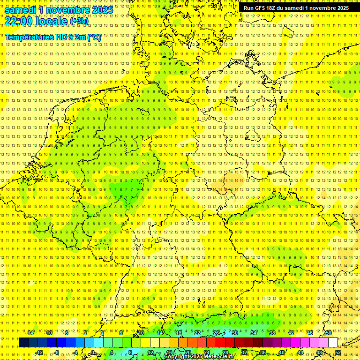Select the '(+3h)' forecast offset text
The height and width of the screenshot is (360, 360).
click(79, 21)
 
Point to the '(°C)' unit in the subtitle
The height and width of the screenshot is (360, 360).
click(93, 37)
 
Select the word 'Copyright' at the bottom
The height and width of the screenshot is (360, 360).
click(176, 357)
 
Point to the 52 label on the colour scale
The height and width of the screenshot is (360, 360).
click(338, 352)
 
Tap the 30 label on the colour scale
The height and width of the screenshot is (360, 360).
click(235, 333)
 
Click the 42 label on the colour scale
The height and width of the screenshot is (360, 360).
click(291, 333)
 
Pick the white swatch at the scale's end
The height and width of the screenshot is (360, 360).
click(333, 343)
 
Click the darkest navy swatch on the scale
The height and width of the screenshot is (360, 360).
click(23, 343)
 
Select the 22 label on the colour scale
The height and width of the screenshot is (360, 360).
click(197, 333)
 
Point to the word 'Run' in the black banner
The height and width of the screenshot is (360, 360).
click(248, 8)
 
